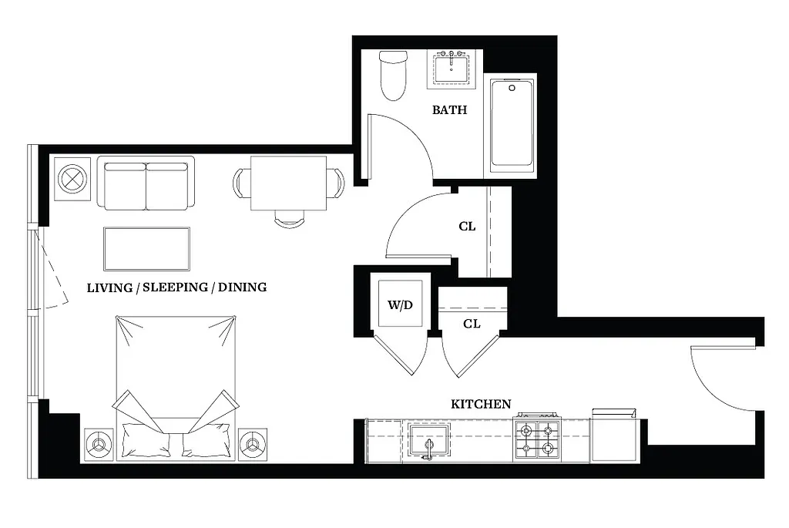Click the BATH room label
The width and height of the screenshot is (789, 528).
(x=449, y=110)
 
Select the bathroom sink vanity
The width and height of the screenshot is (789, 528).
(x=451, y=69)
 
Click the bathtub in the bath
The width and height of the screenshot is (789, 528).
(x=512, y=125)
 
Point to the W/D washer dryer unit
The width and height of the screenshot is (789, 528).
(x=399, y=304)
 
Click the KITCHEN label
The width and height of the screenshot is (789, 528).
(x=481, y=404)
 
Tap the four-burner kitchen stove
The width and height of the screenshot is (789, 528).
(x=537, y=440)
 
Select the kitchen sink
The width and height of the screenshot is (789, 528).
(x=429, y=442)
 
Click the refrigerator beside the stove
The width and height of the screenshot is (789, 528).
(x=613, y=439)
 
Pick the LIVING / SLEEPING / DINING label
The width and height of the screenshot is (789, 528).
(x=176, y=288)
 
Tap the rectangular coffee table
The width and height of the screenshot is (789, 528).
(x=146, y=248)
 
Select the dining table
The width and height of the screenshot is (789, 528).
(x=288, y=183)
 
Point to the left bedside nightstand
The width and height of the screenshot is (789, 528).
(x=99, y=445)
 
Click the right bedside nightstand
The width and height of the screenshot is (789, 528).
(x=253, y=445)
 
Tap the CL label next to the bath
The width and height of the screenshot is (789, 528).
(x=467, y=227)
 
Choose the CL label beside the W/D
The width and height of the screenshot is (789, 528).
(x=472, y=324)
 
